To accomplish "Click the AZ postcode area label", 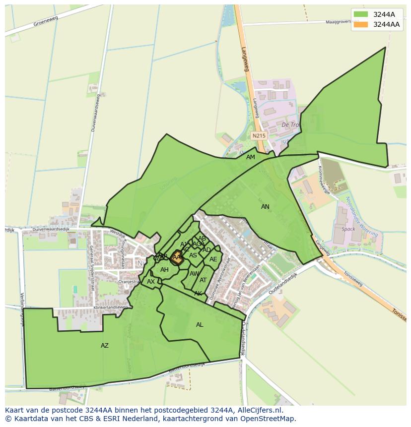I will [x=105, y=346].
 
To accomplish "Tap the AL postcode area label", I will [x=200, y=325].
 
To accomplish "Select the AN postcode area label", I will [x=266, y=207].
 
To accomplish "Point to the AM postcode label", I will [x=251, y=157].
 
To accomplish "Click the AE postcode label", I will [x=213, y=259].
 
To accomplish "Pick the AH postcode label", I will [x=164, y=270].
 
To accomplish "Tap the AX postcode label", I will [x=151, y=282].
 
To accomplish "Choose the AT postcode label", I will [x=203, y=280].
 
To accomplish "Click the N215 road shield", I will [x=259, y=135].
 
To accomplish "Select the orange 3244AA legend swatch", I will [x=361, y=24].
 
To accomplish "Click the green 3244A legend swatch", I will [x=361, y=14].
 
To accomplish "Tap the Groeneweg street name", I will [x=46, y=21].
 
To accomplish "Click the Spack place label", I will [x=348, y=229].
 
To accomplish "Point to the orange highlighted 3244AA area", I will [x=176, y=257].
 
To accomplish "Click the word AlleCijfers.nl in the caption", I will [x=260, y=410].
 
